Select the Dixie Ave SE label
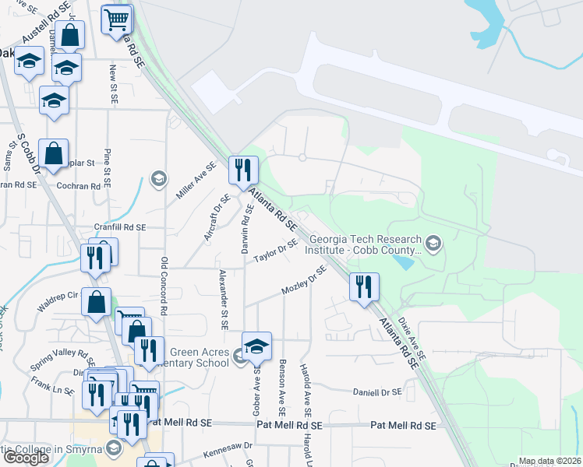(411, 335)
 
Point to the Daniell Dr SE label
(376, 392)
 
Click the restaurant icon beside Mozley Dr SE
(364, 286)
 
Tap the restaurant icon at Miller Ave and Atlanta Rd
(242, 169)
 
